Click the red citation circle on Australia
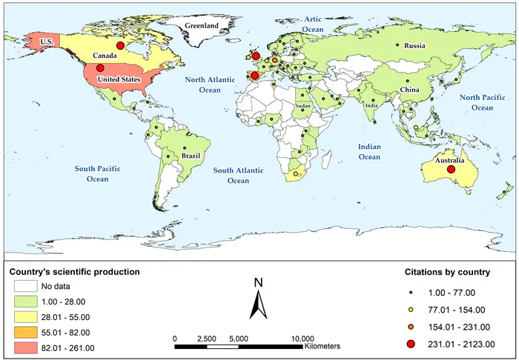pos(451,170)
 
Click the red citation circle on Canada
pos(120,46)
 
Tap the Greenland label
pos(202,26)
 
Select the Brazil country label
pos(191,156)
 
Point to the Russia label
pos(414,46)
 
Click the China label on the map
pos(409,90)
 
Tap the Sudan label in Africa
pos(303,107)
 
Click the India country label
pos(371,105)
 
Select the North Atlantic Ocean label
pos(209,84)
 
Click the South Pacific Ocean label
pos(98,174)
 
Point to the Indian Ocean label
pos(368,152)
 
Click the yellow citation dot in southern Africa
pos(295,174)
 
